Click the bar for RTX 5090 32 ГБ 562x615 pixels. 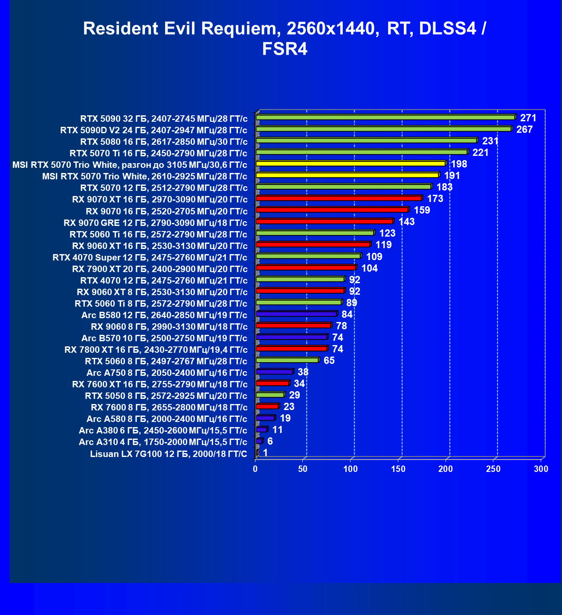(x=386, y=117)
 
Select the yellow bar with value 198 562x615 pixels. (x=351, y=164)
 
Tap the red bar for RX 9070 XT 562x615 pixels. (x=339, y=198)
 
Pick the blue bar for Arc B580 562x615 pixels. (x=297, y=313)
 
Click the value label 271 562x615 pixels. (x=528, y=118)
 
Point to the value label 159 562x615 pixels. (x=422, y=210)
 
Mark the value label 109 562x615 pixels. (x=374, y=256)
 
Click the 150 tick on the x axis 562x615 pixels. (x=398, y=469)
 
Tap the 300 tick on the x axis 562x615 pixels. (x=541, y=469)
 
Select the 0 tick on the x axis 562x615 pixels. (x=255, y=469)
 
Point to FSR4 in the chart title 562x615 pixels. (x=284, y=49)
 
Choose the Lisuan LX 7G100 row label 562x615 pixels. (x=168, y=454)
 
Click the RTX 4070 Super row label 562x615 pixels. (x=150, y=257)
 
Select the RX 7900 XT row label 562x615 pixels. (x=159, y=269)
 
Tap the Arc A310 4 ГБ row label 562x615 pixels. (x=163, y=442)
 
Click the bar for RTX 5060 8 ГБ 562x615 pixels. (x=288, y=360)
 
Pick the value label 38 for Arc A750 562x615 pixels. (x=303, y=372)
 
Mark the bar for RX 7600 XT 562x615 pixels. (x=273, y=383)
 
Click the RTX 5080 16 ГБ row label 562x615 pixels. (x=164, y=142)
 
